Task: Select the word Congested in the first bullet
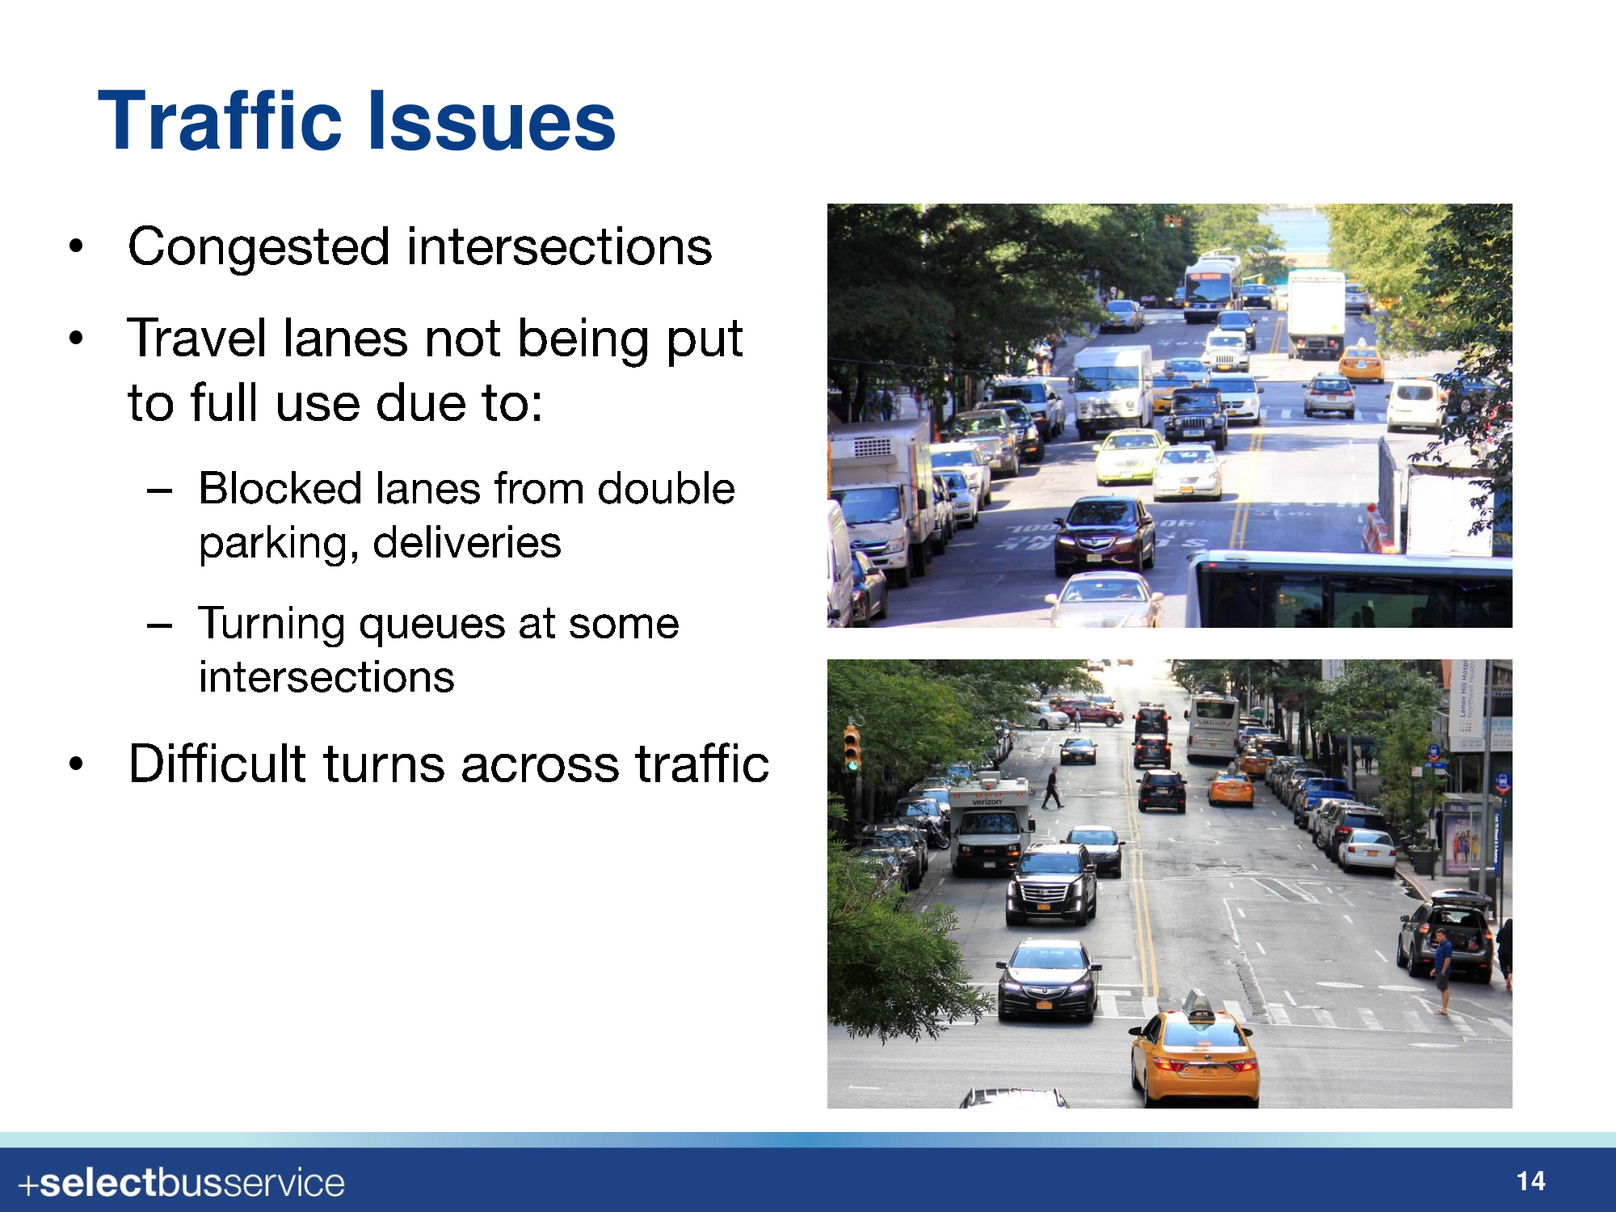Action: pyautogui.click(x=259, y=248)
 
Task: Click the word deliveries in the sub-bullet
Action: pyautogui.click(x=467, y=542)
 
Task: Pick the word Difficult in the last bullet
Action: pyautogui.click(x=217, y=764)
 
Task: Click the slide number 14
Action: pyautogui.click(x=1530, y=1182)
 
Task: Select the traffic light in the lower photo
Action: pyautogui.click(x=852, y=748)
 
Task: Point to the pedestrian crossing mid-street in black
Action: pyautogui.click(x=1052, y=788)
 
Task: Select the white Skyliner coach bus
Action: pyautogui.click(x=1212, y=727)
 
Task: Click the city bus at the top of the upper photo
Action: pyautogui.click(x=1211, y=288)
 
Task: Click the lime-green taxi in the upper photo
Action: pyautogui.click(x=1130, y=455)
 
